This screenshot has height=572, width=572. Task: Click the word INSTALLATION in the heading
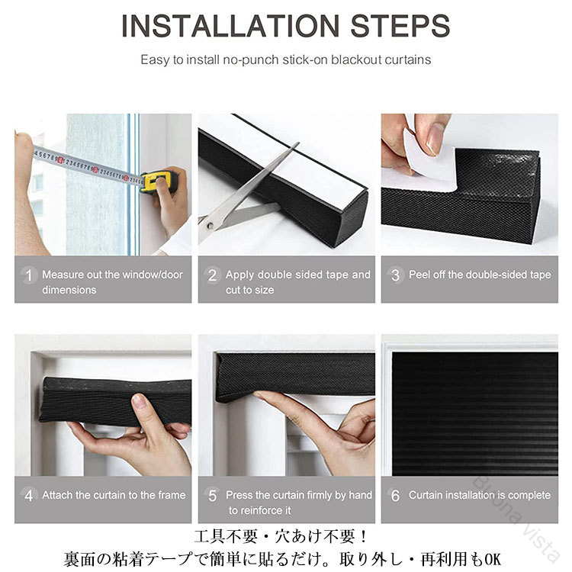pos(230,25)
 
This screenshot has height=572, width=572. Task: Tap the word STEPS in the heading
pos(400,25)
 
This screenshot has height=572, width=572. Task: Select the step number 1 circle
pos(29,275)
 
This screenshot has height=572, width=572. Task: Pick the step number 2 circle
pos(212,275)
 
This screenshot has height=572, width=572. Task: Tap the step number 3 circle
pos(395,275)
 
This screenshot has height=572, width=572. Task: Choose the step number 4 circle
pos(29,496)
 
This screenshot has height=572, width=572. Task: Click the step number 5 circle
pos(212,496)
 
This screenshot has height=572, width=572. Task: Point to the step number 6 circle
pos(395,496)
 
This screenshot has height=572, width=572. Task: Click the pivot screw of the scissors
pos(210,226)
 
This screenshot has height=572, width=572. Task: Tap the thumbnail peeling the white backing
pos(435,139)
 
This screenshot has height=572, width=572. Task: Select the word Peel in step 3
pos(419,275)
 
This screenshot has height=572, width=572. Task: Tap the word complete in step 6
pos(529,495)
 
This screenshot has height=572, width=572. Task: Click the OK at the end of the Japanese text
pos(493,558)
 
